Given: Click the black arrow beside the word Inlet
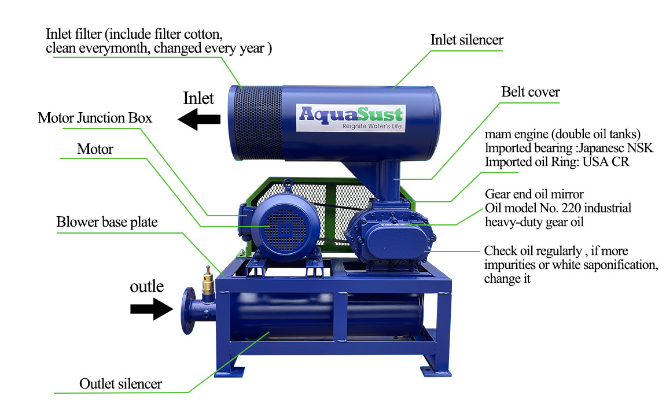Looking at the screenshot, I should (x=198, y=119).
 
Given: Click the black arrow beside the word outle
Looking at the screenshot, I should (x=152, y=309).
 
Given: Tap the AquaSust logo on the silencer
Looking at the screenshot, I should (x=351, y=117).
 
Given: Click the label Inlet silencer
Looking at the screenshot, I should (x=466, y=40).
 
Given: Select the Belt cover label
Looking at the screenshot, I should (x=530, y=92).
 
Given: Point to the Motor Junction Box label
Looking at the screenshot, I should (x=95, y=118).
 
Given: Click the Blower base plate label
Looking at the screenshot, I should (x=106, y=222).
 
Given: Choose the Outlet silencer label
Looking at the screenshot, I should (x=120, y=383).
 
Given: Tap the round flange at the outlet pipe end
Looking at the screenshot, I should (x=187, y=310).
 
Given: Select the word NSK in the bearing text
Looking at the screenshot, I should (x=639, y=147).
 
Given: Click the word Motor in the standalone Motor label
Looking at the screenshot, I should (x=95, y=149).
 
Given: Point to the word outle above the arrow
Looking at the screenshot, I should (x=146, y=286).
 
